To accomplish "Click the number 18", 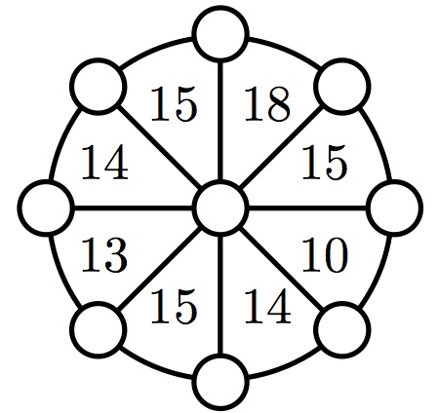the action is tap(267, 104).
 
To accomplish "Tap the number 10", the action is tap(325, 254).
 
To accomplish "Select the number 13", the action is tap(104, 254).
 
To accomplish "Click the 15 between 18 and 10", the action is tap(325, 162).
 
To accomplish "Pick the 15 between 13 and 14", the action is tap(174, 307).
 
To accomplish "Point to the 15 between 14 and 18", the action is tap(174, 104).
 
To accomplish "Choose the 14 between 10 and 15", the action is tap(267, 306).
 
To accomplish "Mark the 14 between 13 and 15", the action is tap(104, 162).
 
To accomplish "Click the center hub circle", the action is tap(220, 206).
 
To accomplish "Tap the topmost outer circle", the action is tap(220, 34).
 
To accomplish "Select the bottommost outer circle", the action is tap(220, 382).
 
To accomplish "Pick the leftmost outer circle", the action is tap(46, 206).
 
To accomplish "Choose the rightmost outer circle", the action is tap(395, 207).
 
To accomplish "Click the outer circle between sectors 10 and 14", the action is tap(343, 329).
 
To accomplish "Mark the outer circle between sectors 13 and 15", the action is tap(99, 329).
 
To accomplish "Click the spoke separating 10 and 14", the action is tap(282, 269).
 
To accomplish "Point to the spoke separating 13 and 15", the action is tap(160, 269).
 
